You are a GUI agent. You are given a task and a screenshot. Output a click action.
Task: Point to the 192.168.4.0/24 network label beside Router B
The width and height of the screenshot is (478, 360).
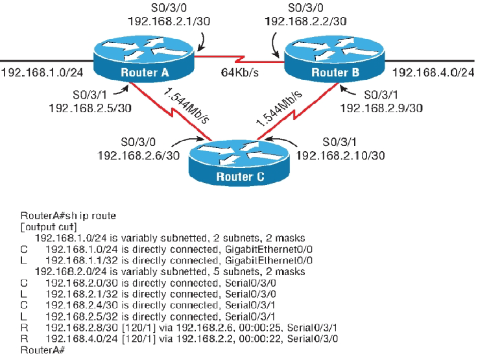[434, 72]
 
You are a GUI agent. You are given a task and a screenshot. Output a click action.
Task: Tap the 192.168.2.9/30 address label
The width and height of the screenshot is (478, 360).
[382, 107]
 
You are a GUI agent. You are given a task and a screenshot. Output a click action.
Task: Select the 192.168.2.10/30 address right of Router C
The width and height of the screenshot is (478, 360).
[341, 156]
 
